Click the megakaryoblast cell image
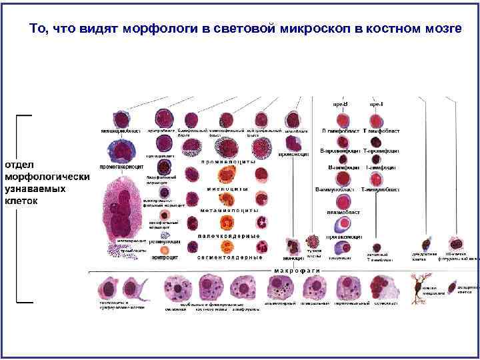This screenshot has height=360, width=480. pos(121,119)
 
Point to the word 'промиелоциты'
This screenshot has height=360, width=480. pos(228,162)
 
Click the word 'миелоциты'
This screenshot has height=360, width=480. pos(228,189)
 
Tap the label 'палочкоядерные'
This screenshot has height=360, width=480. pos(228,236)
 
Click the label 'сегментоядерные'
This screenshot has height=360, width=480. pos(228,257)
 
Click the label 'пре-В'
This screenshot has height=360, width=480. pos(341,104)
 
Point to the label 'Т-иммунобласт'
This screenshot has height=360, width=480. pos(381,190)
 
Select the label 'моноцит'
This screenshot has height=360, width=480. pos(292,257)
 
